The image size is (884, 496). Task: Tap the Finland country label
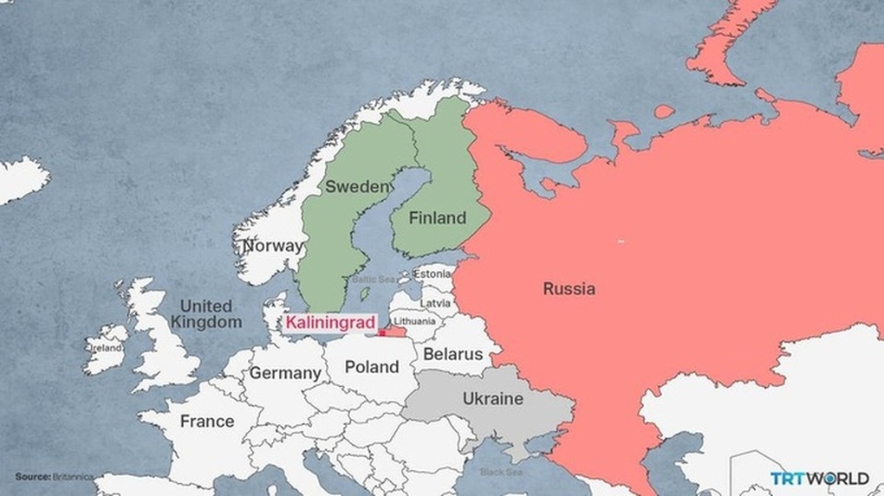[x=438, y=218]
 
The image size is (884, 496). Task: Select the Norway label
[x=273, y=246]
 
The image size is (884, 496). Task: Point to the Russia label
[x=569, y=289]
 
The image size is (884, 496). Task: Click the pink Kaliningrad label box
[x=329, y=324]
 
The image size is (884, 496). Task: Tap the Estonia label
[x=432, y=274]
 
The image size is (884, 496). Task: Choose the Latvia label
[x=435, y=304]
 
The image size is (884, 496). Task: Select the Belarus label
[x=452, y=354]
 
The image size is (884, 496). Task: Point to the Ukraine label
[x=492, y=399]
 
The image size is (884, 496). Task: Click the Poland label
[x=372, y=367]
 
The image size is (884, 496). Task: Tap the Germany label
[x=285, y=374]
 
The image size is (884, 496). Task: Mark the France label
[x=206, y=422]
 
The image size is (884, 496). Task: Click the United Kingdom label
[x=205, y=313]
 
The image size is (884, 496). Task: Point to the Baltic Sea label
[x=374, y=280]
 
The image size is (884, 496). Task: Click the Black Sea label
[x=502, y=473]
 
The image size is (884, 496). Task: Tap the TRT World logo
[x=819, y=478]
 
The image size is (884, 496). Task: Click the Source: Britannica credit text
[x=54, y=477]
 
